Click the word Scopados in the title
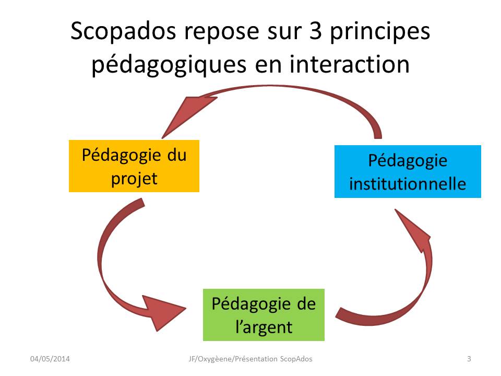pyautogui.click(x=123, y=31)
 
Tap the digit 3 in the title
pyautogui.click(x=315, y=31)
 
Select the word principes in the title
pyautogui.click(x=380, y=32)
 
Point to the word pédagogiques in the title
pyautogui.click(x=169, y=65)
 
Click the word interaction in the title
pyautogui.click(x=350, y=64)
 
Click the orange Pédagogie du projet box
pyautogui.click(x=134, y=166)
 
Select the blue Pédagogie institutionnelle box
pyautogui.click(x=408, y=171)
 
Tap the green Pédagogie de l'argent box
pyautogui.click(x=264, y=315)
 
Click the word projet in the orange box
pyautogui.click(x=134, y=179)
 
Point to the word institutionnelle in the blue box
pyautogui.click(x=408, y=184)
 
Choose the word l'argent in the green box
pyautogui.click(x=264, y=327)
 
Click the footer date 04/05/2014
pyautogui.click(x=50, y=359)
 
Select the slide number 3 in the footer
pyautogui.click(x=469, y=359)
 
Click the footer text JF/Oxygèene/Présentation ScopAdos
pyautogui.click(x=250, y=359)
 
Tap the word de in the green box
pyautogui.click(x=306, y=304)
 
